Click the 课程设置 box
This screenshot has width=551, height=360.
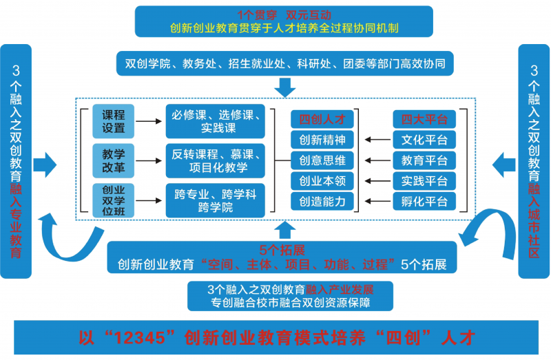pyautogui.click(x=114, y=121)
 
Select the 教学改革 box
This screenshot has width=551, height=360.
pyautogui.click(x=114, y=160)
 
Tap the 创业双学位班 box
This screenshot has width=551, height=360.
pyautogui.click(x=114, y=199)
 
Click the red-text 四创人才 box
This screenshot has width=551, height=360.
pyautogui.click(x=322, y=119)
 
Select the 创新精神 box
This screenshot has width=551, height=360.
pyautogui.click(x=322, y=140)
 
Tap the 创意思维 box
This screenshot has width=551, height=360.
pyautogui.click(x=322, y=160)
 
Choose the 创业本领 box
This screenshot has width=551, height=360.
pyautogui.click(x=322, y=181)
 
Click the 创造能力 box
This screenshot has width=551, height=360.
pyautogui.click(x=322, y=202)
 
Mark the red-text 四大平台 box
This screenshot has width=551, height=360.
pyautogui.click(x=424, y=119)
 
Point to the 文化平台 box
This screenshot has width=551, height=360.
pyautogui.click(x=424, y=140)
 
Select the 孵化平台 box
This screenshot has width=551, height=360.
pyautogui.click(x=424, y=202)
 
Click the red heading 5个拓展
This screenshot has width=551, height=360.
pyautogui.click(x=282, y=249)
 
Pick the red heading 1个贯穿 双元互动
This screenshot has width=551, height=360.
pyautogui.click(x=284, y=14)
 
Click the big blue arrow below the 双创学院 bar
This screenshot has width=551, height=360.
pyautogui.click(x=284, y=87)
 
